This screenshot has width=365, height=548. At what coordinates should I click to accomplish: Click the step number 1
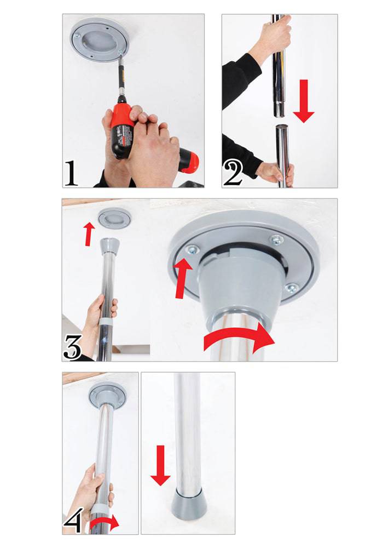(71, 173)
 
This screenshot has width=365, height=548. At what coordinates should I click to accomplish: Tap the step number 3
(72, 347)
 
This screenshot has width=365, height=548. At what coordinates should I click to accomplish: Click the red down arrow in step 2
(304, 101)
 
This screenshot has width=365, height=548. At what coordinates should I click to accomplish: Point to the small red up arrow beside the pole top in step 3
(90, 234)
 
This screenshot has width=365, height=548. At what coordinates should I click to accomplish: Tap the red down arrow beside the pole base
(160, 465)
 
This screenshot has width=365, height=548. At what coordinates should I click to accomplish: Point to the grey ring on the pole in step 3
(106, 322)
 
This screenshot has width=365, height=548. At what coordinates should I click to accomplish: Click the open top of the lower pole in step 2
(282, 127)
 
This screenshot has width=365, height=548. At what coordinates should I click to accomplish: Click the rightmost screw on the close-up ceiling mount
(291, 288)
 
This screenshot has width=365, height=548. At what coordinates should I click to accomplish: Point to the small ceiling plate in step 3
(114, 219)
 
